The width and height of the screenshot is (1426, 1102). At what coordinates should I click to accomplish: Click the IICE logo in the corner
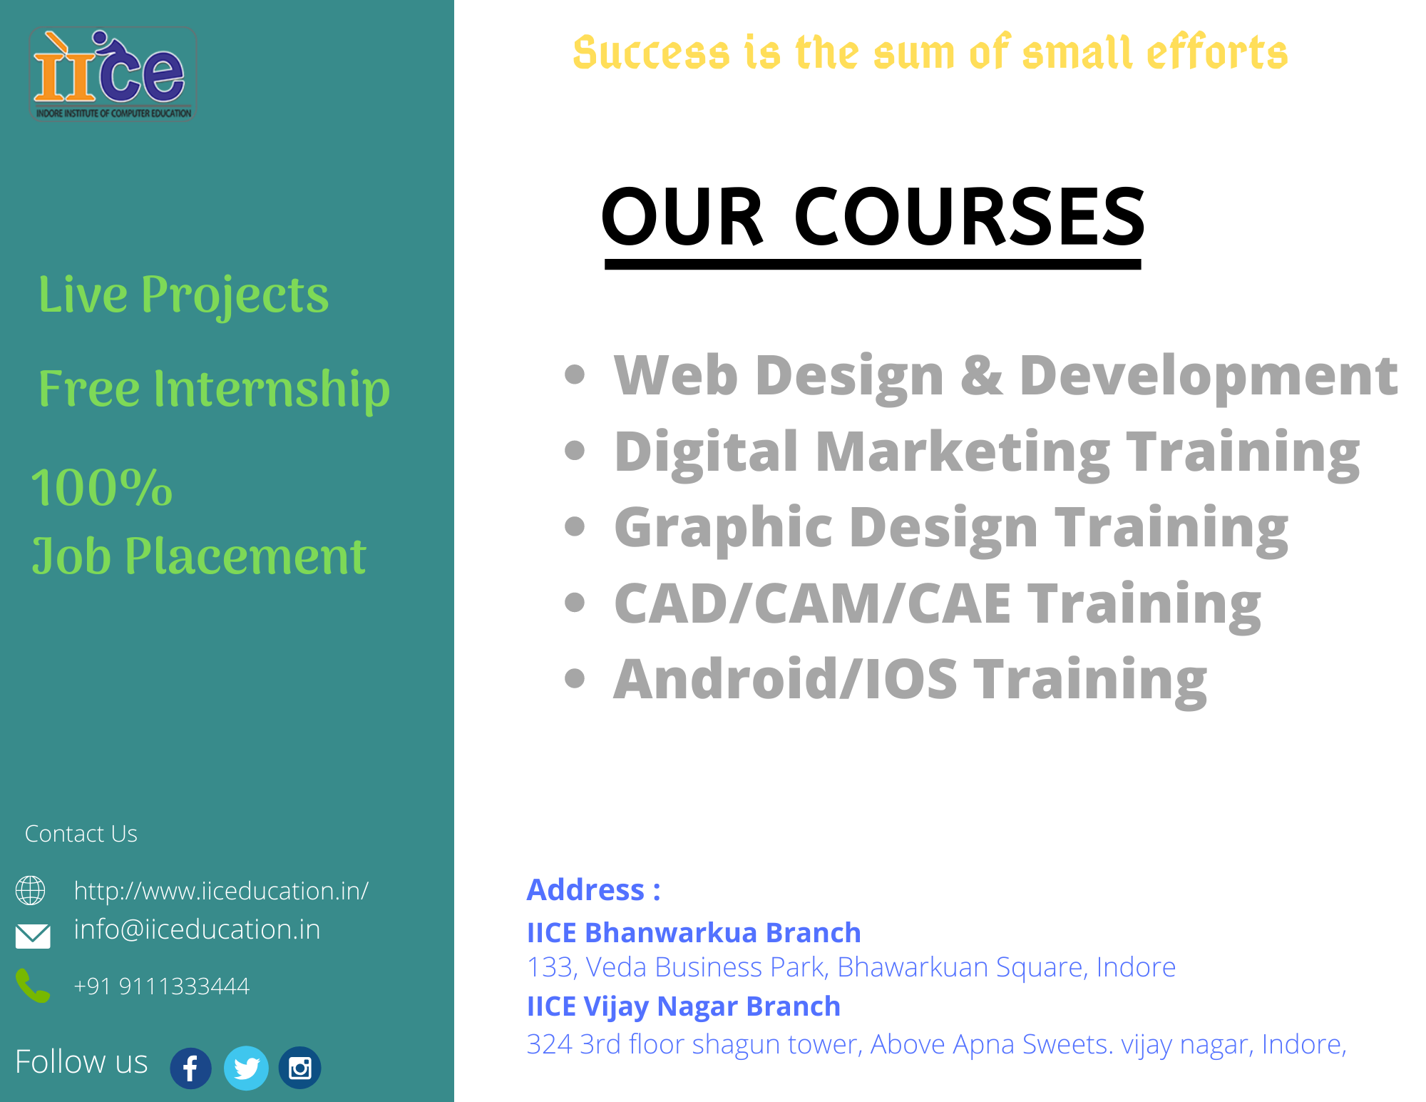(x=113, y=74)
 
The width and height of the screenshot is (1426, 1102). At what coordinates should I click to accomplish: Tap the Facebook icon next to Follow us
(x=190, y=1068)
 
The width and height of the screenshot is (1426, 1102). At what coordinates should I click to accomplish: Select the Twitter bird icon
(x=246, y=1068)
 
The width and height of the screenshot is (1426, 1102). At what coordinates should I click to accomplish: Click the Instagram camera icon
(x=299, y=1068)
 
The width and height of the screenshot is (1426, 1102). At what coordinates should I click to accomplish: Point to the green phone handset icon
(x=33, y=986)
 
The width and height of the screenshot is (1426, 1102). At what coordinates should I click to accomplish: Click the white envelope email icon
(x=33, y=935)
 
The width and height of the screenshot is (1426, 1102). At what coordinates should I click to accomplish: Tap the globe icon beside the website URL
(x=31, y=890)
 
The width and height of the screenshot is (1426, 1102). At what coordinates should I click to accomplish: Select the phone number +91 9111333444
(x=162, y=986)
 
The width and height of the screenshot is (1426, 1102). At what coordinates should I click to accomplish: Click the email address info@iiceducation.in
(x=197, y=930)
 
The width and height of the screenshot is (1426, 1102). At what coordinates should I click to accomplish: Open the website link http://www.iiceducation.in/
(x=221, y=891)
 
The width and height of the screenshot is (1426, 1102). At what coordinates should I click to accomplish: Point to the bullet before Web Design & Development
(x=575, y=374)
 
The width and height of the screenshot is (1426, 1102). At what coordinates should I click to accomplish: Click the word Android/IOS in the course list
(x=785, y=679)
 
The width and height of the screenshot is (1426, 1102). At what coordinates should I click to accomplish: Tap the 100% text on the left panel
(x=102, y=489)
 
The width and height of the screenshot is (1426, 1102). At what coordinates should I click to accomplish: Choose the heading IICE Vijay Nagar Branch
(x=683, y=1006)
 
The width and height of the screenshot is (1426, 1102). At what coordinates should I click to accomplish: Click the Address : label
(x=593, y=889)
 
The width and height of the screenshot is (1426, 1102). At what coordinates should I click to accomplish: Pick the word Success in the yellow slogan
(x=651, y=53)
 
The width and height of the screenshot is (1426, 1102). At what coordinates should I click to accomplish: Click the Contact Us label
(x=81, y=834)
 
